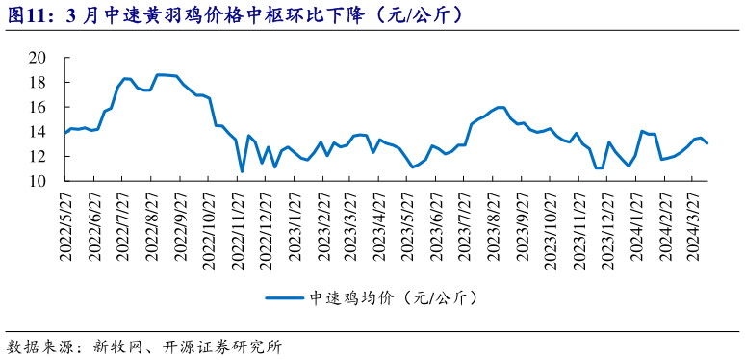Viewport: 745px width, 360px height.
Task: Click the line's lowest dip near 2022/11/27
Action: coord(242,171)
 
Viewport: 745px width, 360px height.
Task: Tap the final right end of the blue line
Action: coord(708,143)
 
